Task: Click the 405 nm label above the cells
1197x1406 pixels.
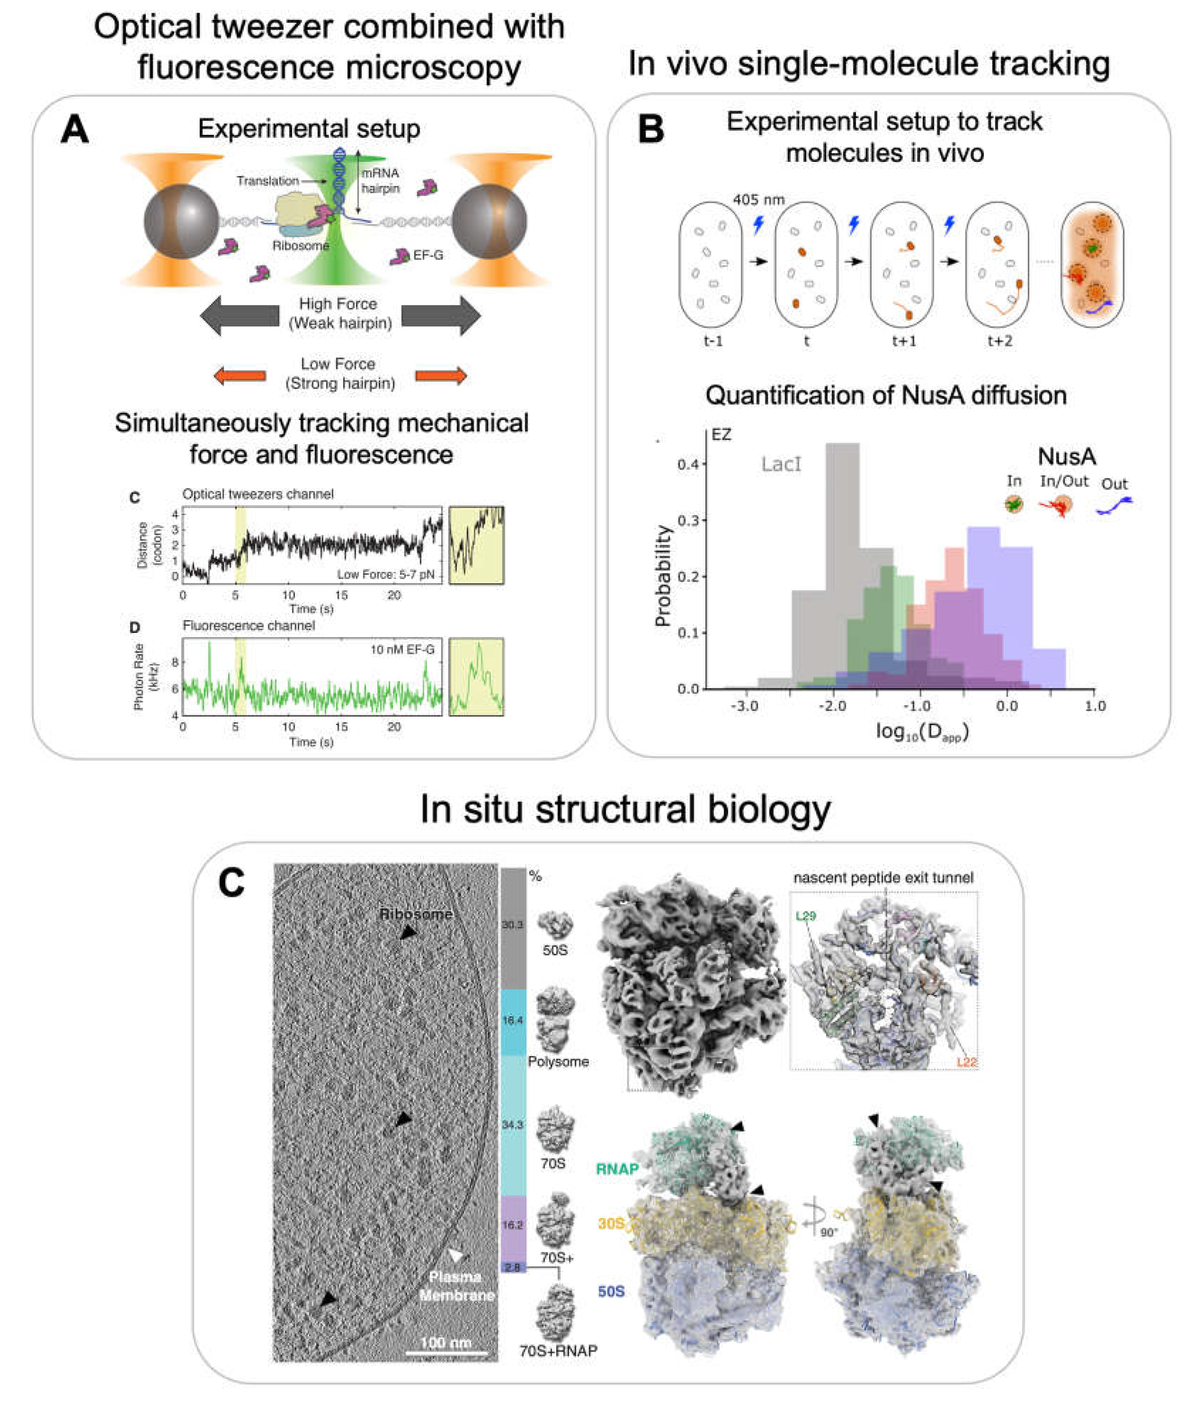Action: pyautogui.click(x=758, y=199)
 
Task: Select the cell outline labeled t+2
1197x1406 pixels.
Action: pyautogui.click(x=997, y=264)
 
